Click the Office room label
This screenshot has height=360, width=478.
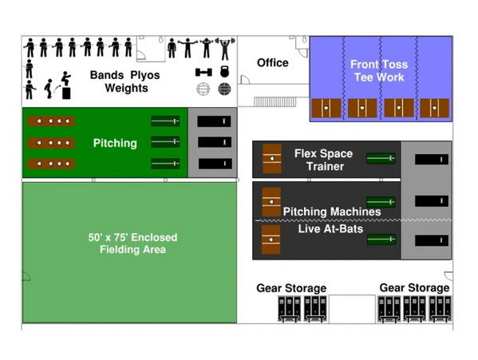click(273, 63)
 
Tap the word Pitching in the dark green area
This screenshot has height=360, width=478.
click(115, 143)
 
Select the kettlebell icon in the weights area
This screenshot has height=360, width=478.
click(225, 72)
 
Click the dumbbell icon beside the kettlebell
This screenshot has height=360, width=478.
click(203, 73)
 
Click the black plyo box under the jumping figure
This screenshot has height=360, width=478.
click(66, 93)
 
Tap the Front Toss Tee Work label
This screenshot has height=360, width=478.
click(379, 71)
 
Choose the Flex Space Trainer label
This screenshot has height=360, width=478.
click(324, 160)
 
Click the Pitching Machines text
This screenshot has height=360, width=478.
click(332, 212)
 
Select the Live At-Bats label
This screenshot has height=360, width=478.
click(330, 228)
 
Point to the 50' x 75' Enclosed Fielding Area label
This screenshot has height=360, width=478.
click(132, 243)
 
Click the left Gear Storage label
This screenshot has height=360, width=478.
click(291, 288)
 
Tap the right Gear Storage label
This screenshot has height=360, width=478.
click(414, 287)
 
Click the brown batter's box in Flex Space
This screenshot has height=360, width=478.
click(272, 159)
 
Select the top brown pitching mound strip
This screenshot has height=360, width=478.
click(51, 121)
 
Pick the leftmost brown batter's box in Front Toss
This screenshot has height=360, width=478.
click(326, 108)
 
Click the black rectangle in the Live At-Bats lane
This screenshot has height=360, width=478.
click(432, 240)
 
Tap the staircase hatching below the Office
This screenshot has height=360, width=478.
click(275, 102)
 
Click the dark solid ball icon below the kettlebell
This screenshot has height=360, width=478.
click(224, 89)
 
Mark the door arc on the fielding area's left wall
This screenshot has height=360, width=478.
click(27, 276)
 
